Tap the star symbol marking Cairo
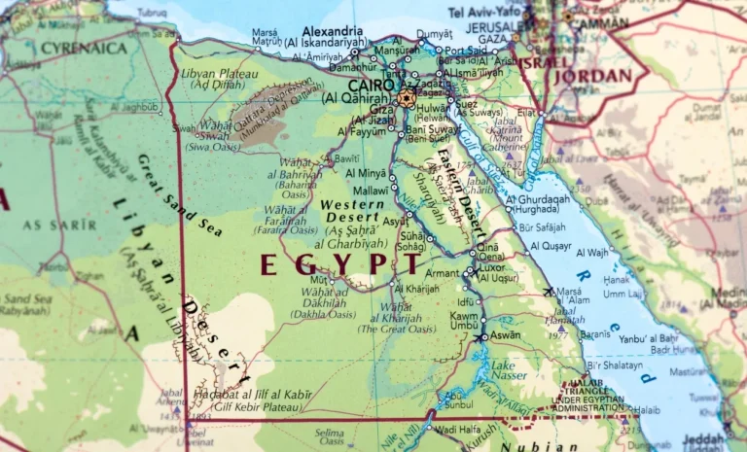click(x=406, y=97)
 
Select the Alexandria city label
click(x=333, y=31)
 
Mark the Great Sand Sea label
click(x=179, y=195)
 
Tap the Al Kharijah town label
click(x=416, y=288)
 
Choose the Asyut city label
click(x=394, y=222)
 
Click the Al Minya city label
click(x=366, y=173)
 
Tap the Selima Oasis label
click(x=329, y=435)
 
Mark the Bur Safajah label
click(x=543, y=227)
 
